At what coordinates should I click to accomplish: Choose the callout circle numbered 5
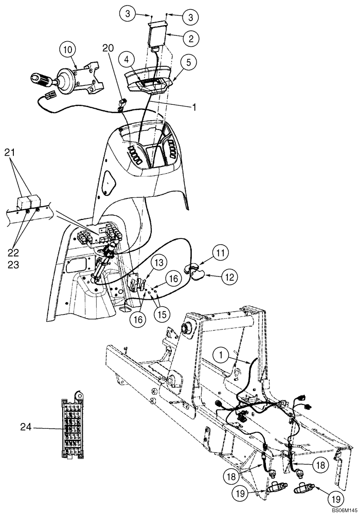click(188, 63)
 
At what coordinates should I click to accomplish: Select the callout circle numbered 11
click(220, 253)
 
